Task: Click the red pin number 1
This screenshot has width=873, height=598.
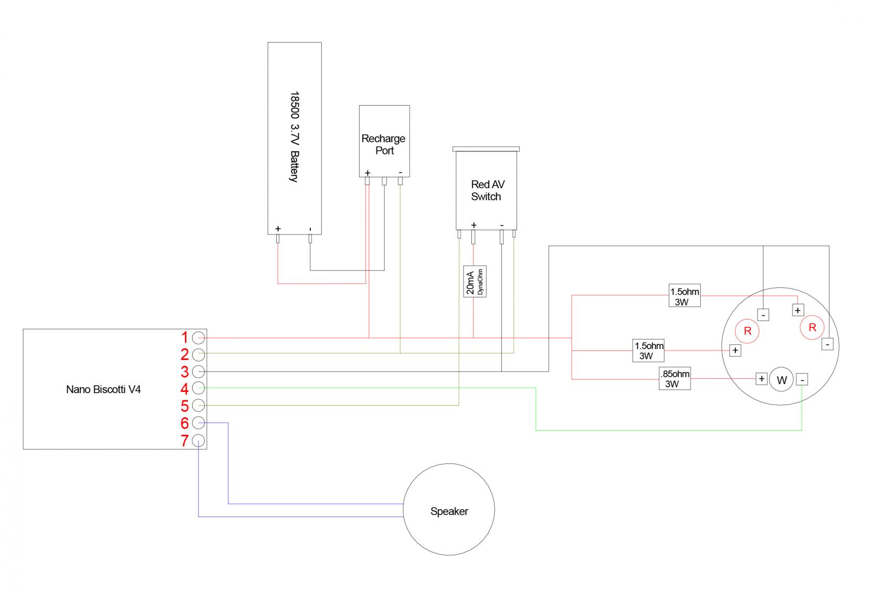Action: coord(185,337)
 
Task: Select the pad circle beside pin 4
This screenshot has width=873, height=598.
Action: coord(198,388)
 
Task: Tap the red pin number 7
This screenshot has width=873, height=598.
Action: coord(185,441)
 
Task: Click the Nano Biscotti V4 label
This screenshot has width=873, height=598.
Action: coord(103,390)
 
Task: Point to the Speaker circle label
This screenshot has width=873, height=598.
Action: coord(449,511)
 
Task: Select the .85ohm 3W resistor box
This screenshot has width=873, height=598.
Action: coord(675,379)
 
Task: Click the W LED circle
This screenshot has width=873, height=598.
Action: coord(782,380)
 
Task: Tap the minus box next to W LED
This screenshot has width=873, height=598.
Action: coord(802,379)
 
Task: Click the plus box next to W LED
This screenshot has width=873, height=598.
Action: coord(761,379)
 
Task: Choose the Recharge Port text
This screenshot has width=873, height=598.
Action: coord(384,145)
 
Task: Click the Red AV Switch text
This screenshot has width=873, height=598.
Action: coord(486,191)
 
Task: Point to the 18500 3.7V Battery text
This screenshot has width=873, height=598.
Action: coord(294,137)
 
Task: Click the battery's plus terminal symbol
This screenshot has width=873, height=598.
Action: coord(278,229)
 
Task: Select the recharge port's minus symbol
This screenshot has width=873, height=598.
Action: coord(401,172)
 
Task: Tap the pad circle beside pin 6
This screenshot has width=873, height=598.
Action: coord(198,422)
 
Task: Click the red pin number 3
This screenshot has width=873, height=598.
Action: coord(185,372)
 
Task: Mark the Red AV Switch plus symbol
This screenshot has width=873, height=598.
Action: coord(474,225)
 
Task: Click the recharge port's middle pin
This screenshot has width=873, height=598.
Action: coord(384,181)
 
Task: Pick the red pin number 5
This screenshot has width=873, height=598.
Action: coord(185,406)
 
